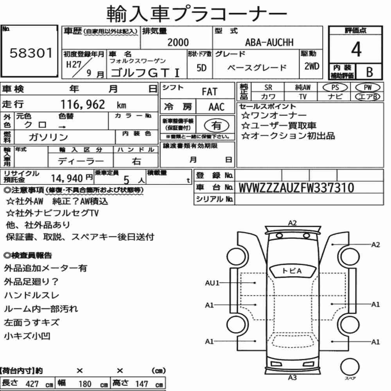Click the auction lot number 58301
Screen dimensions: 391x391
coord(31,53)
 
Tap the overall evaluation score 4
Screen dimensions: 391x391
coord(356,49)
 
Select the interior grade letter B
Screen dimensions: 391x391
coord(369,72)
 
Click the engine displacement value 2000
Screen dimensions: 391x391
coord(178,42)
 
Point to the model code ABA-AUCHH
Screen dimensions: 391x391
coord(269,42)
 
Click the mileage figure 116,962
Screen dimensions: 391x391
coord(83,104)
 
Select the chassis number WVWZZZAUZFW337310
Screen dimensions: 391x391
coord(296,188)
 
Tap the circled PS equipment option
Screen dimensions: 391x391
coord(335,88)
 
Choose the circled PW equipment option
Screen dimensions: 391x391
coord(368,88)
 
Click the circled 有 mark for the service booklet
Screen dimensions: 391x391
coord(217,126)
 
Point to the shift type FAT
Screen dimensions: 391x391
coord(210,92)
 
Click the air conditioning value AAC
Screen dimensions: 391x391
coord(217,107)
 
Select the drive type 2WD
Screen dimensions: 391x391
coord(312,66)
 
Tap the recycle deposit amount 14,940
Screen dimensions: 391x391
coord(67,178)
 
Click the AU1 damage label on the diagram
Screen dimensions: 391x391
coord(212,283)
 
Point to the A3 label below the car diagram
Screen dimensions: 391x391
coord(292,378)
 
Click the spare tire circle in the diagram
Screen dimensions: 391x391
coord(350,367)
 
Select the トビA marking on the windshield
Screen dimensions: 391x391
coord(292,271)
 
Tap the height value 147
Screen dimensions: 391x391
coord(142,384)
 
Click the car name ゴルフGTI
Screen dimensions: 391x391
coord(145,73)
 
